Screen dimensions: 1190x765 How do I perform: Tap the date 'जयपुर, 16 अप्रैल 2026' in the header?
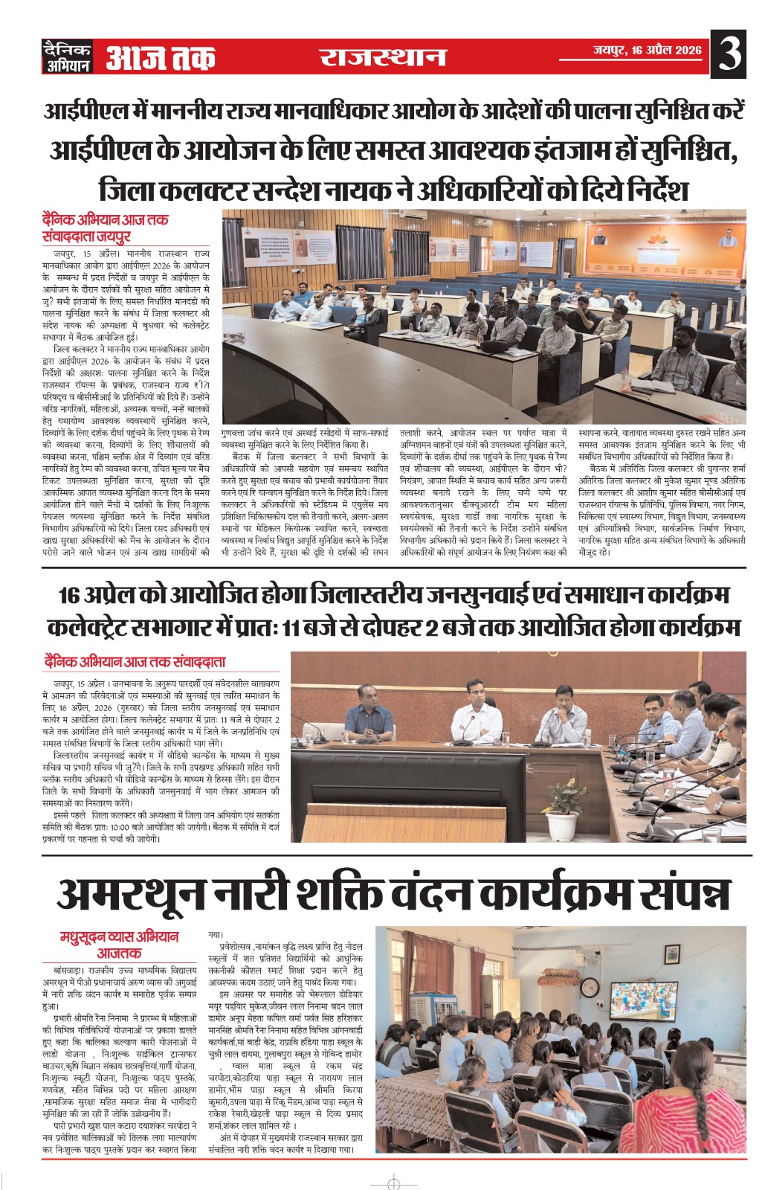[647, 51]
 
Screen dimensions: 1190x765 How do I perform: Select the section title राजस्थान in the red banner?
[383, 57]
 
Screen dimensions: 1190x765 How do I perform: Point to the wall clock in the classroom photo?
[589, 988]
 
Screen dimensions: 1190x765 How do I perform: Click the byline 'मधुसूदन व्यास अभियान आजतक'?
[120, 945]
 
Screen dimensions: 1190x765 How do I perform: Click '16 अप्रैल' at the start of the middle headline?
[100, 596]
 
